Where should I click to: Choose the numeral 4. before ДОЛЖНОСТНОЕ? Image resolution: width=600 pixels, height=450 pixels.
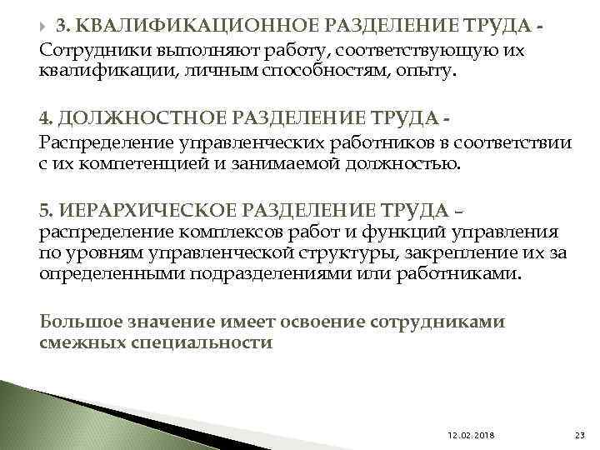point(47,119)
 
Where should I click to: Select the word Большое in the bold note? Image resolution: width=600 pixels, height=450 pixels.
point(79,321)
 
